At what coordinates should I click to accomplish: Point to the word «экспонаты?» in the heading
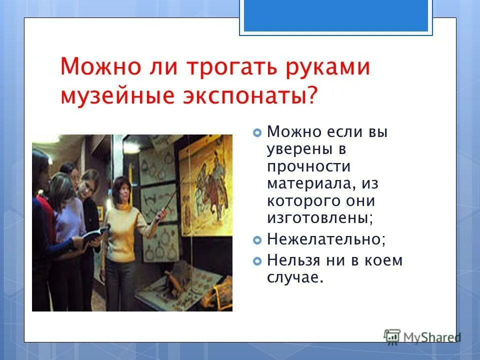[x=253, y=95]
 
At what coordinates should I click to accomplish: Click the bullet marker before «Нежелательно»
[x=257, y=240]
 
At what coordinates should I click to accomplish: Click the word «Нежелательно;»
[x=326, y=239]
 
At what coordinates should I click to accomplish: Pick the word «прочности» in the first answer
[x=308, y=167]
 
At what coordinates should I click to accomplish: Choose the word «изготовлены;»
[x=320, y=218]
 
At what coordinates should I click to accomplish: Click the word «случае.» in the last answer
[x=295, y=277]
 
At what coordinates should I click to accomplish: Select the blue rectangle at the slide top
[x=335, y=16]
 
